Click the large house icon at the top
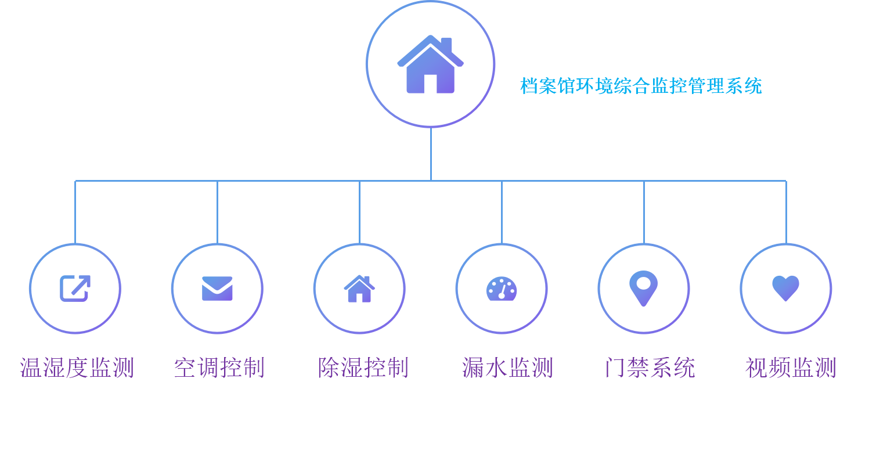pyautogui.click(x=430, y=64)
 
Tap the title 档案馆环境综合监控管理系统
pyautogui.click(x=641, y=86)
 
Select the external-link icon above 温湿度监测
pyautogui.click(x=75, y=289)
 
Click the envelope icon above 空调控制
pyautogui.click(x=217, y=289)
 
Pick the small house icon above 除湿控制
pyautogui.click(x=359, y=289)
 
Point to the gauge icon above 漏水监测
pyautogui.click(x=502, y=289)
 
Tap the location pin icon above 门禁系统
pyautogui.click(x=644, y=289)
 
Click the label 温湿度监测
pyautogui.click(x=77, y=367)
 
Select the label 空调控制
pyautogui.click(x=219, y=367)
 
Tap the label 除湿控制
pyautogui.click(x=363, y=367)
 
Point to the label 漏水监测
pyautogui.click(x=507, y=367)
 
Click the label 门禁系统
pyautogui.click(x=650, y=367)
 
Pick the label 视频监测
pyautogui.click(x=791, y=367)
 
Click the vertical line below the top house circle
pyautogui.click(x=431, y=154)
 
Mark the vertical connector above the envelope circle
pyautogui.click(x=217, y=212)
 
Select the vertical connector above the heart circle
pyautogui.click(x=787, y=212)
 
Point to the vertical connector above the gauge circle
pyautogui.click(x=502, y=212)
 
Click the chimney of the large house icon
pyautogui.click(x=446, y=45)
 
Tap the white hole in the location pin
pyautogui.click(x=644, y=283)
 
